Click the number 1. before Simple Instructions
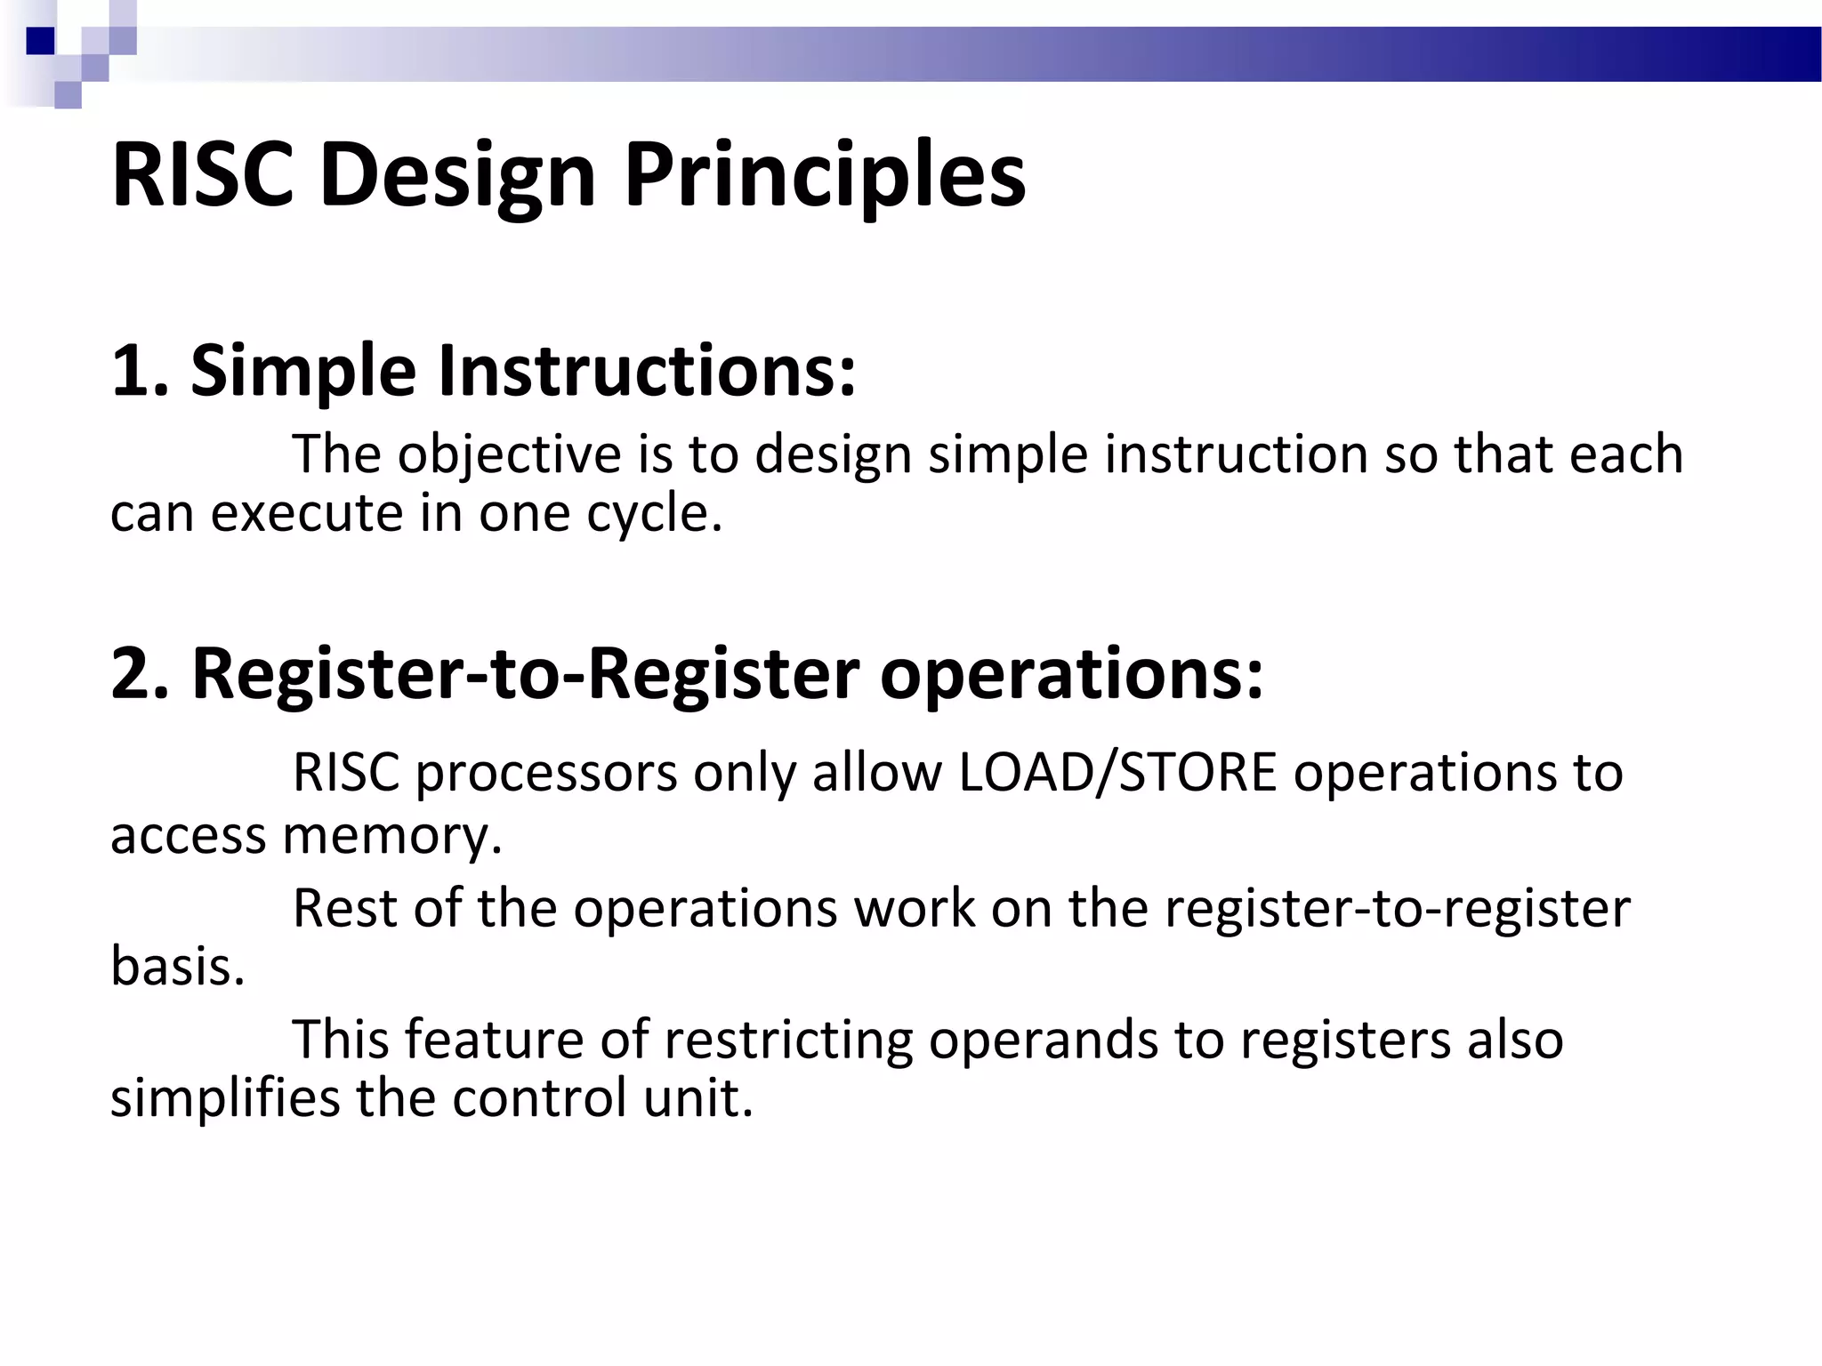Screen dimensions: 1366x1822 pyautogui.click(x=139, y=371)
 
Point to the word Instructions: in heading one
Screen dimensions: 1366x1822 pyautogui.click(x=647, y=371)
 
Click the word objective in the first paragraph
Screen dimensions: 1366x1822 pyautogui.click(x=509, y=455)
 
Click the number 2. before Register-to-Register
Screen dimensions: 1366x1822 pyautogui.click(x=139, y=673)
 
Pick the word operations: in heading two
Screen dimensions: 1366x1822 pyautogui.click(x=1071, y=673)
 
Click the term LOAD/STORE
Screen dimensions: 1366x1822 pyautogui.click(x=1117, y=772)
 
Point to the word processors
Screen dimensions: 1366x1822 pyautogui.click(x=546, y=772)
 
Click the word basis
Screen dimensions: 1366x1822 pyautogui.click(x=176, y=968)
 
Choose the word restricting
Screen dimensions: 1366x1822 pyautogui.click(x=788, y=1040)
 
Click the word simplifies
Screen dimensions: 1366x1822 pyautogui.click(x=225, y=1098)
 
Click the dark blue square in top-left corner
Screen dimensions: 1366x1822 pyautogui.click(x=40, y=41)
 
